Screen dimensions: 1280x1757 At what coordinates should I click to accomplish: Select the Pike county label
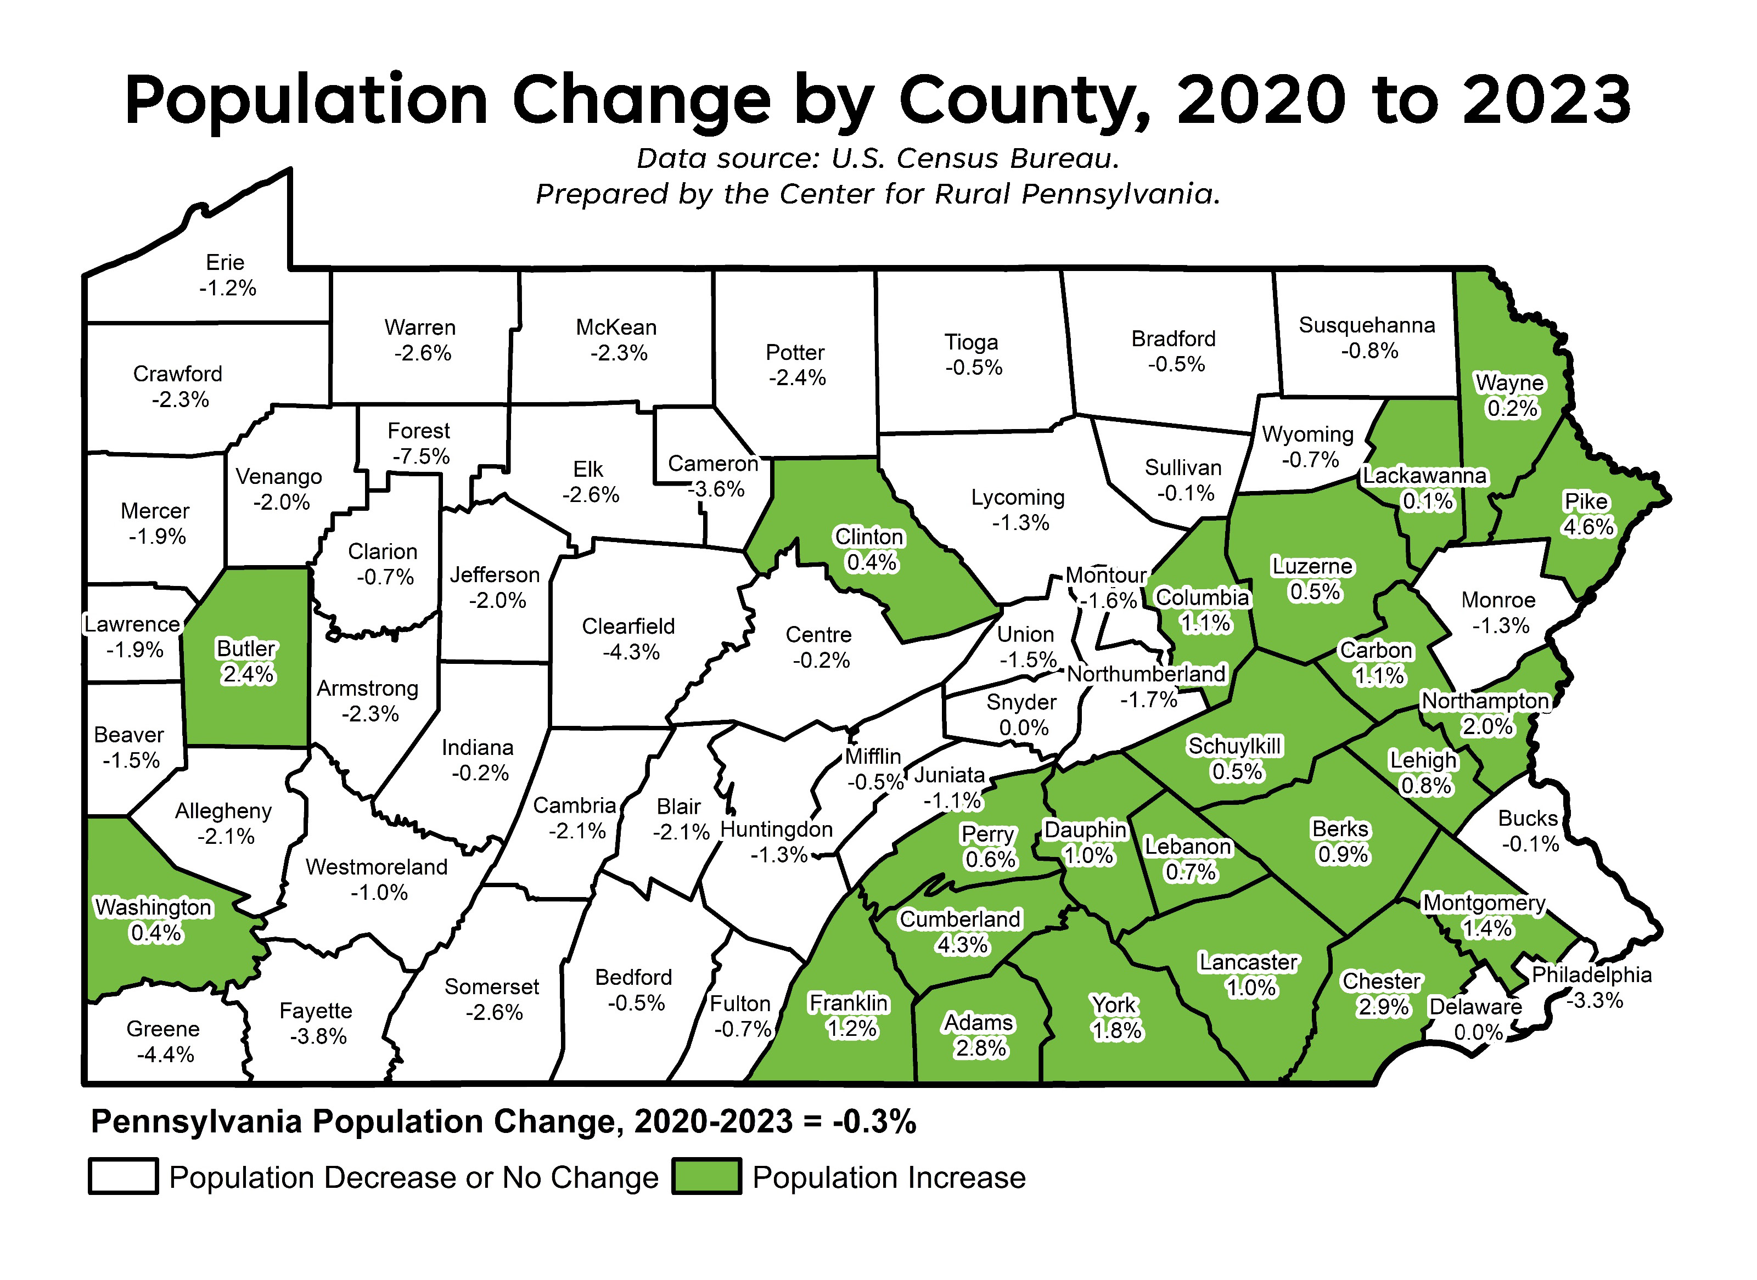pyautogui.click(x=1586, y=502)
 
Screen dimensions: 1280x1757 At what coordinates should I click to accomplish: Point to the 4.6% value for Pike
pyautogui.click(x=1588, y=528)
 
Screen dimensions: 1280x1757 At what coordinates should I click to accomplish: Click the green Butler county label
pyautogui.click(x=246, y=649)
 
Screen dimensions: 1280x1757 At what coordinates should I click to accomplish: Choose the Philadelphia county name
pyautogui.click(x=1591, y=975)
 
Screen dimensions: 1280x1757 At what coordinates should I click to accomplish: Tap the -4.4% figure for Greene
pyautogui.click(x=165, y=1055)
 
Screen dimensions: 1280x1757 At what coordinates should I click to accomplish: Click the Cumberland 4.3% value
pyautogui.click(x=963, y=945)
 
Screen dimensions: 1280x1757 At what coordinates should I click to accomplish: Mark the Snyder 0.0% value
pyautogui.click(x=1023, y=728)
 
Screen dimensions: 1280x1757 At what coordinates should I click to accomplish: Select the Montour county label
pyautogui.click(x=1105, y=576)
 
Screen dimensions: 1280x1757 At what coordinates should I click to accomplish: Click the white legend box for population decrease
pyautogui.click(x=124, y=1176)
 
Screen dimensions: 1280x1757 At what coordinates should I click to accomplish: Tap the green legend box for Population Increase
pyautogui.click(x=706, y=1176)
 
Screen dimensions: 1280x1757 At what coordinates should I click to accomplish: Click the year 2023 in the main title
pyautogui.click(x=1547, y=101)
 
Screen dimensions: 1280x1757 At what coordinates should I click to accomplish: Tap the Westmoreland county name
pyautogui.click(x=377, y=867)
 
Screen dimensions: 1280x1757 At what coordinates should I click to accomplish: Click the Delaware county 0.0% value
pyautogui.click(x=1478, y=1033)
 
